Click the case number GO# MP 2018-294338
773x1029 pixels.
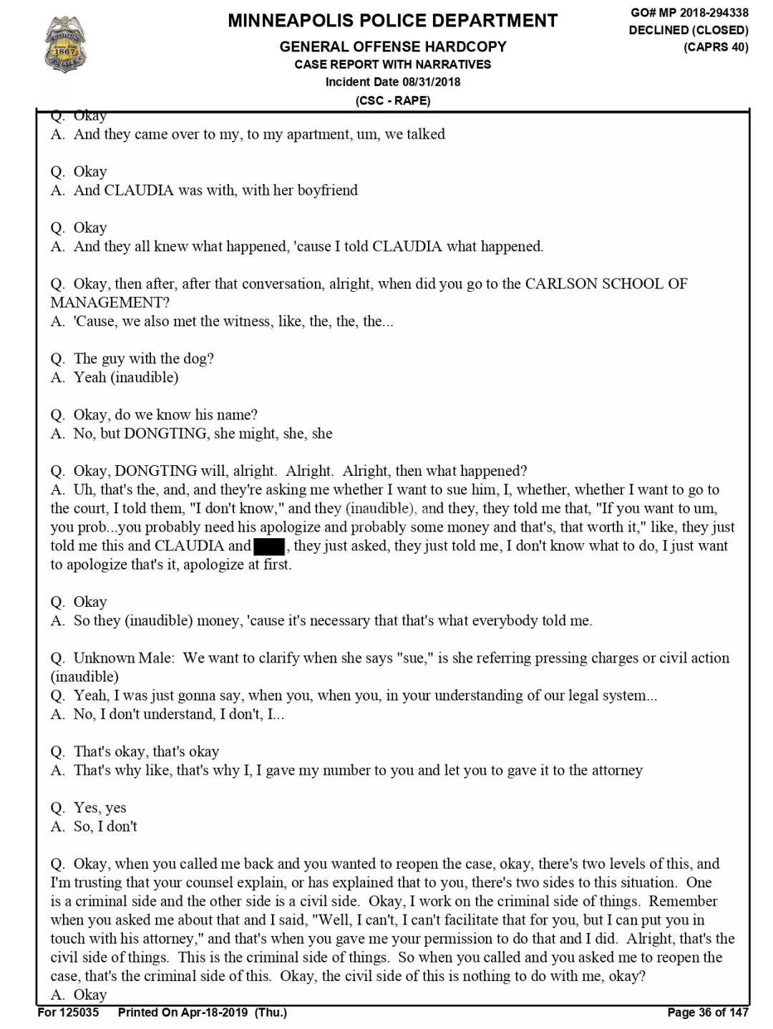pyautogui.click(x=689, y=12)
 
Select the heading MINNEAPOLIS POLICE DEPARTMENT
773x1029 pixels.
pyautogui.click(x=392, y=21)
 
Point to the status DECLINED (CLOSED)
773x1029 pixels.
pyautogui.click(x=689, y=30)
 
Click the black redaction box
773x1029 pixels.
pyautogui.click(x=268, y=546)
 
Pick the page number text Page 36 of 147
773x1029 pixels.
pyautogui.click(x=707, y=1012)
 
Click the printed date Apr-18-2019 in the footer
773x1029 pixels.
pyautogui.click(x=213, y=1012)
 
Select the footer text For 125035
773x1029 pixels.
pyautogui.click(x=69, y=1012)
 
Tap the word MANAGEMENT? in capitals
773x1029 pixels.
pyautogui.click(x=110, y=303)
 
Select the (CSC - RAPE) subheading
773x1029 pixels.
pyautogui.click(x=392, y=100)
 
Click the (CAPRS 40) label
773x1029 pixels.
pyautogui.click(x=716, y=47)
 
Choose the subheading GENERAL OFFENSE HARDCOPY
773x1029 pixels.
pyautogui.click(x=392, y=47)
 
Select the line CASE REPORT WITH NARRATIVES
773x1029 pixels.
pyautogui.click(x=392, y=64)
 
